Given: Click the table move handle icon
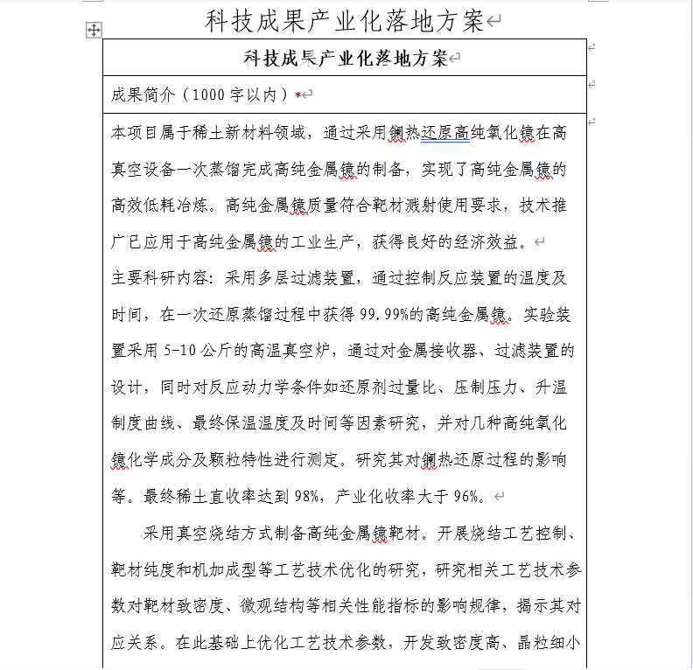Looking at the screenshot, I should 94,31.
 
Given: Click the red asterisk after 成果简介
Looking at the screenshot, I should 298,94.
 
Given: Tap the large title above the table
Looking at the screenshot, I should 345,21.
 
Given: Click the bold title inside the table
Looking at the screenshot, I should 345,59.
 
